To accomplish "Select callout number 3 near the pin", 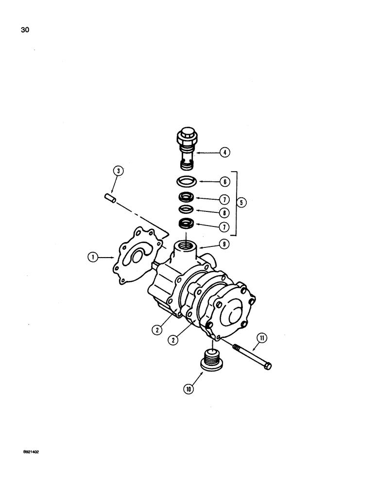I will (x=118, y=171).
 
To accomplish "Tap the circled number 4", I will (x=225, y=152).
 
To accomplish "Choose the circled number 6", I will (x=225, y=182).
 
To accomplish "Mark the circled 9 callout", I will (x=224, y=245).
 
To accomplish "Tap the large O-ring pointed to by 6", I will (x=186, y=182).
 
